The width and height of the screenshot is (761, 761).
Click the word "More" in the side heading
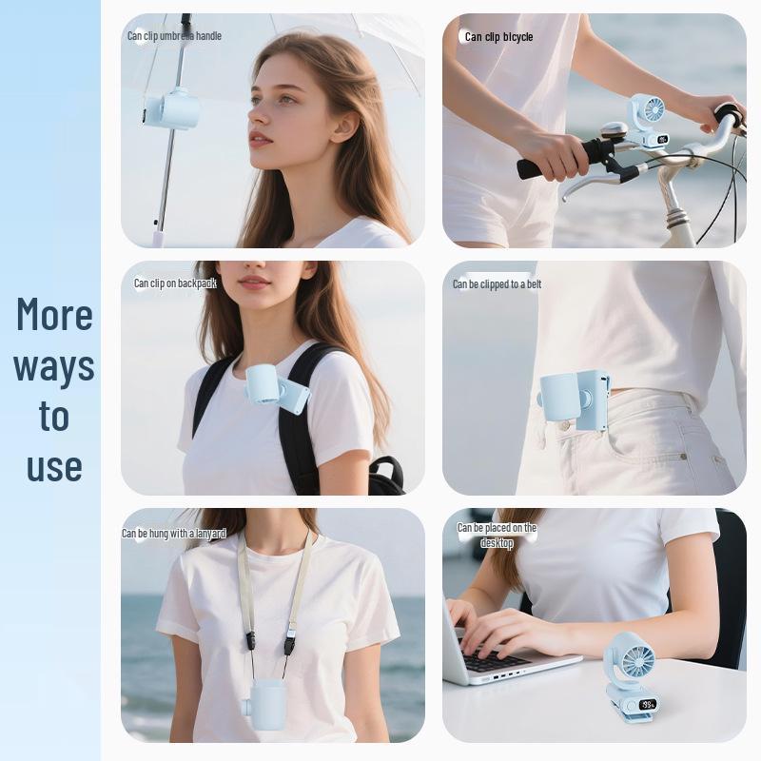54,314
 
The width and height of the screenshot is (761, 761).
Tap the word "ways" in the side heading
54,368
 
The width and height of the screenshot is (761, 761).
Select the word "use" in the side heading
54,466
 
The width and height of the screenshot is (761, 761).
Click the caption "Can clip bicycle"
498,37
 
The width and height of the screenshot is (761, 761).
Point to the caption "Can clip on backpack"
175,283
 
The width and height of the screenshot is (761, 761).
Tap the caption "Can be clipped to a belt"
497,283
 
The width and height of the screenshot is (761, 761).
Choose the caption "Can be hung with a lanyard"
174,534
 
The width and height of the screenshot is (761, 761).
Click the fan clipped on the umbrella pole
171,109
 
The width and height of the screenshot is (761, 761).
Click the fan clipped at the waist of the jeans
574,400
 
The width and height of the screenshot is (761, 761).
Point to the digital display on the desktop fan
647,704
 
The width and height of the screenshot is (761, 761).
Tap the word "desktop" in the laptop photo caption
497,542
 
